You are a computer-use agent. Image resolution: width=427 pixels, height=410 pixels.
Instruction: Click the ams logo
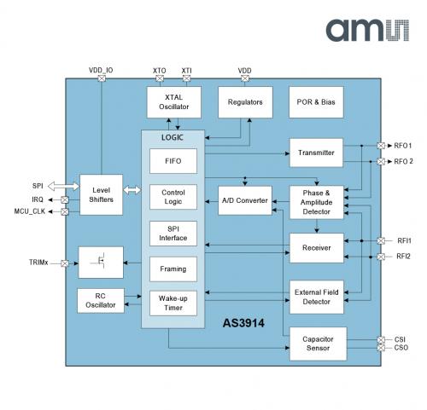pyautogui.click(x=367, y=30)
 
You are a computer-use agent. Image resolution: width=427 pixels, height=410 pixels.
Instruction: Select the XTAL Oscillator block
pyautogui.click(x=174, y=102)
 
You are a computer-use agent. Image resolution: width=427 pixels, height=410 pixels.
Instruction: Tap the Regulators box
pyautogui.click(x=245, y=102)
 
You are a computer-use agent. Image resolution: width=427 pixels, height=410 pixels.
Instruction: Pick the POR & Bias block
pyautogui.click(x=316, y=102)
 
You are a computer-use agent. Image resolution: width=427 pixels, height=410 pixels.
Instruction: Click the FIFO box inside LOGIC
pyautogui.click(x=173, y=161)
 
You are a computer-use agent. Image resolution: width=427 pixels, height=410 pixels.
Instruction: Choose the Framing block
pyautogui.click(x=173, y=269)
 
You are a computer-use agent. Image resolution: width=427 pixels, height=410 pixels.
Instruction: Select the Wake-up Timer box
pyautogui.click(x=173, y=303)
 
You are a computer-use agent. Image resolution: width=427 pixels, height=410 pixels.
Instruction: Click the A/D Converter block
pyautogui.click(x=245, y=200)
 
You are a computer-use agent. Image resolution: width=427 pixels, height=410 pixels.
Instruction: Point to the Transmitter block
pyautogui.click(x=316, y=153)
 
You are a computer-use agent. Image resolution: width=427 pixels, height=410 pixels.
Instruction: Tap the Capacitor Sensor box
pyautogui.click(x=318, y=344)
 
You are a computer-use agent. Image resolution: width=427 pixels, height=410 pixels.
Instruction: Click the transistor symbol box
pyautogui.click(x=101, y=263)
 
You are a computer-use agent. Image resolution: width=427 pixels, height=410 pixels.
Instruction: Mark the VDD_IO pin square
pyautogui.click(x=102, y=78)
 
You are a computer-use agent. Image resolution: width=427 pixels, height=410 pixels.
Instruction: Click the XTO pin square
pyautogui.click(x=160, y=78)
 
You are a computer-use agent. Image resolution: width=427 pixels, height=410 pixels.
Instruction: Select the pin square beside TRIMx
pyautogui.click(x=65, y=263)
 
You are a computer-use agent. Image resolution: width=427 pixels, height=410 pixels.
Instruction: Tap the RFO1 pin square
pyautogui.click(x=381, y=146)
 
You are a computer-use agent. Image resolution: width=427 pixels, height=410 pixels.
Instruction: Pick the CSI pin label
pyautogui.click(x=400, y=339)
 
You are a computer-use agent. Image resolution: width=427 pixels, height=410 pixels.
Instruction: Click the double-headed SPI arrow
pyautogui.click(x=63, y=187)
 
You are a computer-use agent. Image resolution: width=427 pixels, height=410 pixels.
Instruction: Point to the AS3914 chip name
pyautogui.click(x=243, y=323)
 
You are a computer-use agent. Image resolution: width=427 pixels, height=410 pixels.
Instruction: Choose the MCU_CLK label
pyautogui.click(x=30, y=211)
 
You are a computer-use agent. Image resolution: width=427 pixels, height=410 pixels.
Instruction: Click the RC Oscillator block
pyautogui.click(x=101, y=301)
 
